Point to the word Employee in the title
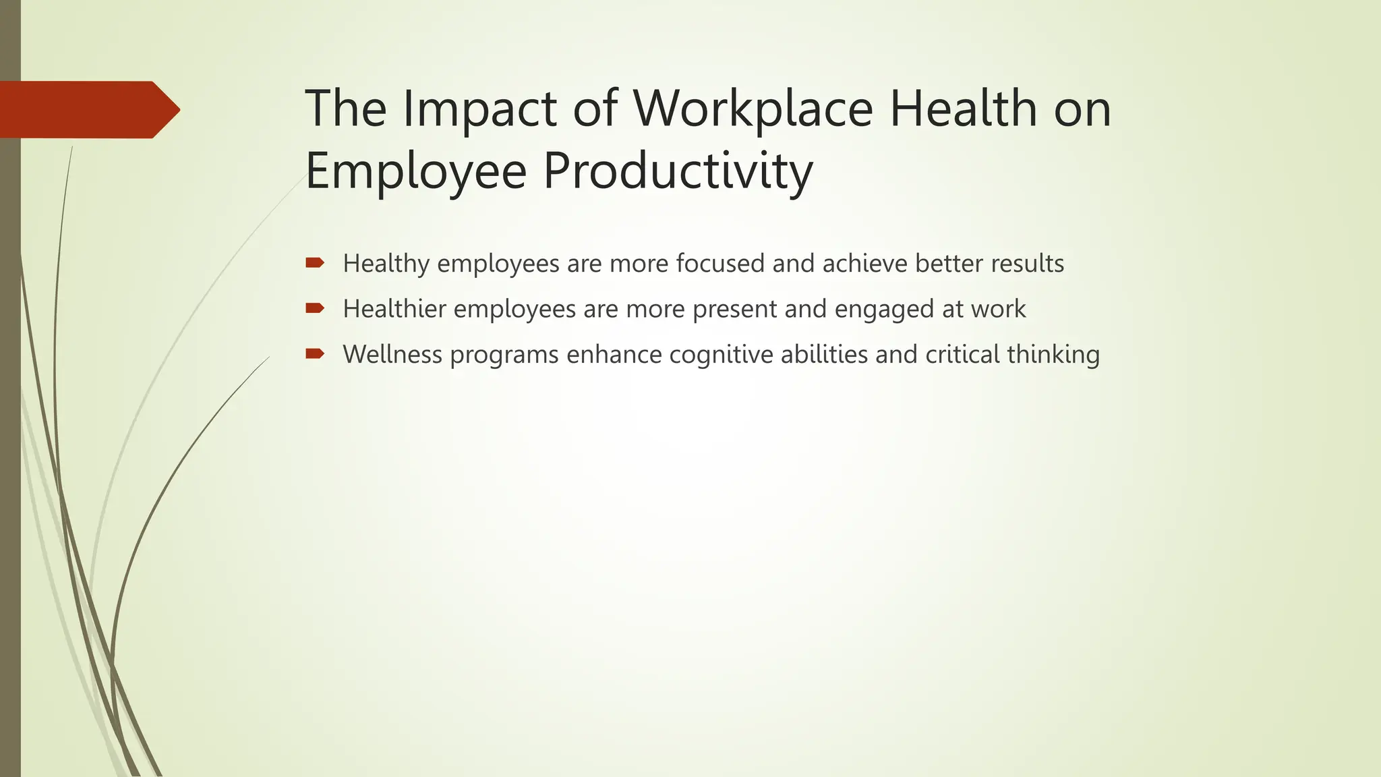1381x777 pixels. pyautogui.click(x=415, y=171)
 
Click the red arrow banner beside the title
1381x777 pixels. pyautogui.click(x=88, y=110)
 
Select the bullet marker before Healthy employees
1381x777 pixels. pyautogui.click(x=315, y=262)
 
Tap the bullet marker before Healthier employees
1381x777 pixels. pyautogui.click(x=315, y=308)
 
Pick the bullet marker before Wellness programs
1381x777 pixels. pyautogui.click(x=315, y=353)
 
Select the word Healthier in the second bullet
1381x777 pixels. pyautogui.click(x=394, y=309)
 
